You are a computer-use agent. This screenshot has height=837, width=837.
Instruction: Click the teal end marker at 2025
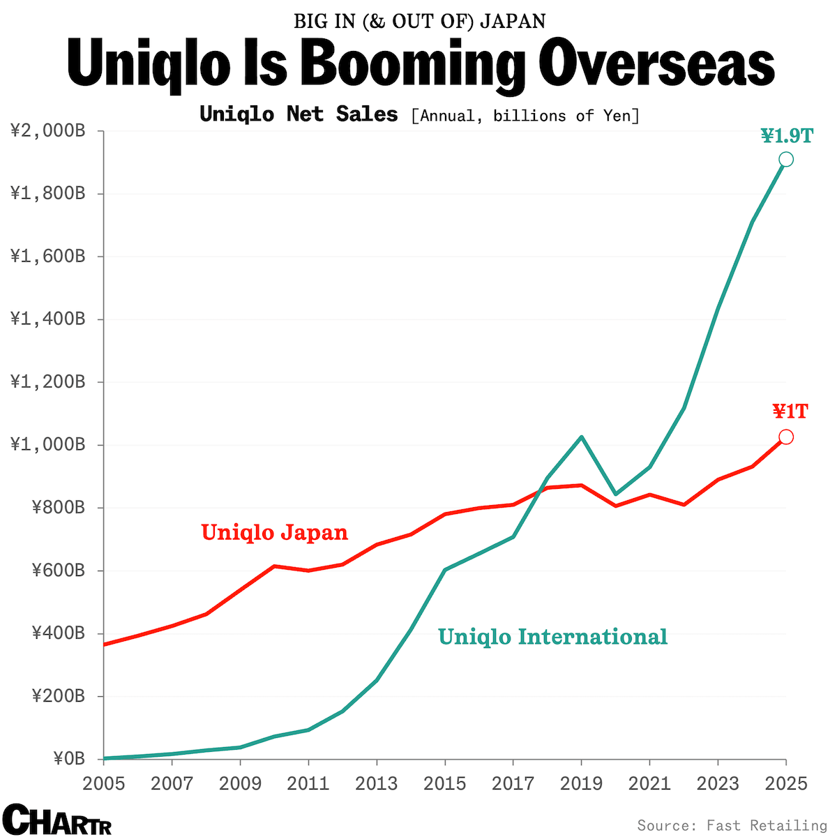pos(785,160)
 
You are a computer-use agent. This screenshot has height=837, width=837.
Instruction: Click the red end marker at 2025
pos(785,437)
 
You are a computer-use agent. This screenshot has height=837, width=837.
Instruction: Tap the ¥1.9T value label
pos(787,135)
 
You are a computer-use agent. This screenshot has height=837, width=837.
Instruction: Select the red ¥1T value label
pos(790,412)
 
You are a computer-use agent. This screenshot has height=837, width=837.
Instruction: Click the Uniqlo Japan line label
pos(274,532)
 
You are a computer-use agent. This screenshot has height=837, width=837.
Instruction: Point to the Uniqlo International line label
pos(552,637)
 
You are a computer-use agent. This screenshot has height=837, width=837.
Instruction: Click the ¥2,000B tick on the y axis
pos(48,130)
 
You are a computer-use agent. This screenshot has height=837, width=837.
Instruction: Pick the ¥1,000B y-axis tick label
pos(48,444)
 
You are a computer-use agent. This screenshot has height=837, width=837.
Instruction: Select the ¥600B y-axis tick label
pos(59,570)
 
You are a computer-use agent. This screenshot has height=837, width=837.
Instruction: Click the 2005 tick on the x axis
pos(104,783)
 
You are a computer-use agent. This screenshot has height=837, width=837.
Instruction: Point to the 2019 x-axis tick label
pos(582,783)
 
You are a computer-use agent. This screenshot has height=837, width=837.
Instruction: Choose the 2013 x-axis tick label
pos(377,783)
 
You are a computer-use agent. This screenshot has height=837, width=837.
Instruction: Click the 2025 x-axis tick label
pos(785,783)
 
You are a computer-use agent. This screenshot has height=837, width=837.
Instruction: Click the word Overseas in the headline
pos(658,65)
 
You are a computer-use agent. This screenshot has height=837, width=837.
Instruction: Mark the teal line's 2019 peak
pos(581,437)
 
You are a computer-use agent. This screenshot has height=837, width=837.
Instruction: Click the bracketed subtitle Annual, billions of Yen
pos(525,116)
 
